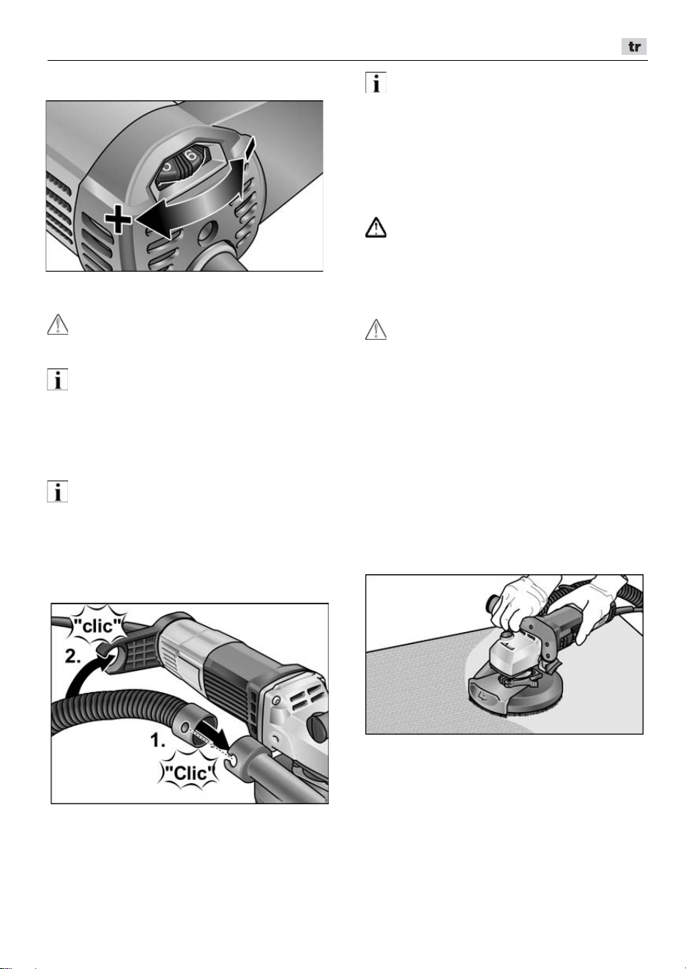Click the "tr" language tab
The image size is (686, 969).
(x=634, y=47)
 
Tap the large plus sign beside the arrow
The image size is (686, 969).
(x=118, y=220)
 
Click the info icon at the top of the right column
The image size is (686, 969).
(x=376, y=82)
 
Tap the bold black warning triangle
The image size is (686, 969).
(x=376, y=228)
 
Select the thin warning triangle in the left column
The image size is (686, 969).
(x=58, y=324)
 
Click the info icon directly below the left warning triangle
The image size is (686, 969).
(x=58, y=380)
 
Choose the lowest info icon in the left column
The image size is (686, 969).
(x=58, y=491)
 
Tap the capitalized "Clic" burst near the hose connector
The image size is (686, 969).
(x=190, y=773)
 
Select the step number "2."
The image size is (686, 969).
(x=73, y=657)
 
